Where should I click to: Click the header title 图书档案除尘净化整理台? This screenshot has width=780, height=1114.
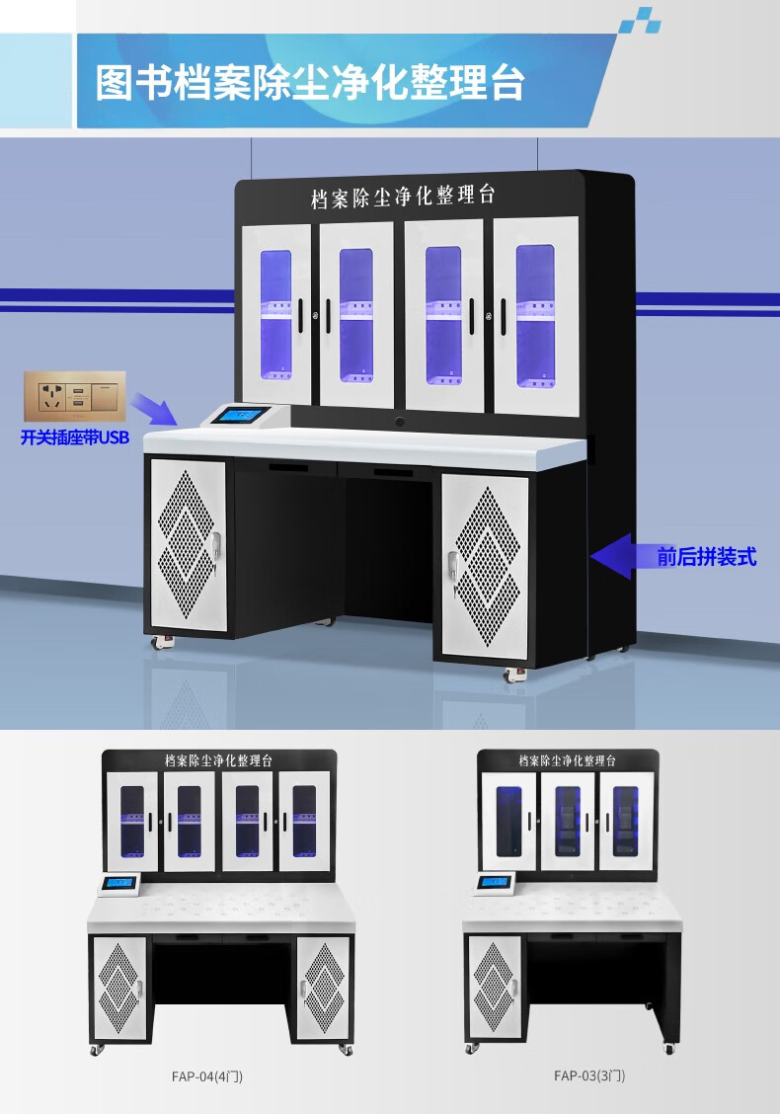click(x=309, y=83)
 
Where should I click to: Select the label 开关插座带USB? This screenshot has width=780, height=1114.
click(x=75, y=438)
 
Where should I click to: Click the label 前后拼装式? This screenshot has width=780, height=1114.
click(x=707, y=556)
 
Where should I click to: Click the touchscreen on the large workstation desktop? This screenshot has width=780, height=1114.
click(x=242, y=415)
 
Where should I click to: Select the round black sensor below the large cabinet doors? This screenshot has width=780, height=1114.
click(x=400, y=423)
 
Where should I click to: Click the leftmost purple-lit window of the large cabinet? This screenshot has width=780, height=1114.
click(x=275, y=314)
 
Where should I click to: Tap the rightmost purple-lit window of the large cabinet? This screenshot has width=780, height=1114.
click(x=535, y=314)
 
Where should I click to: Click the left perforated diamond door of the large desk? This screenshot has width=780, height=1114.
click(x=188, y=543)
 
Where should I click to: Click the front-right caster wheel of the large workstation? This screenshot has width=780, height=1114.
click(x=513, y=675)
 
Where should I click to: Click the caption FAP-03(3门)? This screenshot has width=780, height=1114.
click(x=589, y=1075)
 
